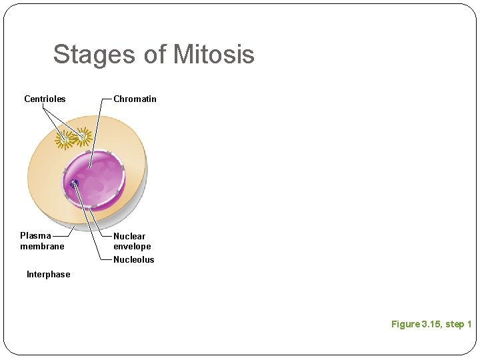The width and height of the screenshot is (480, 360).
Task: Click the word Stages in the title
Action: pos(95,54)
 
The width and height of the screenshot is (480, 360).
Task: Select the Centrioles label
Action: pos(45,99)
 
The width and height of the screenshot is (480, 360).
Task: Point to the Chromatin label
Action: pos(135,99)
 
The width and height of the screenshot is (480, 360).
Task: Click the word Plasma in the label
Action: pos(35,235)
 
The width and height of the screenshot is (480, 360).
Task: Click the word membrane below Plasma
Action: pos(42,246)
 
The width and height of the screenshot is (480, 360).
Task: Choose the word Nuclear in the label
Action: pos(129,236)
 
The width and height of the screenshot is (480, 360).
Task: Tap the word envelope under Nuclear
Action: pos(132,246)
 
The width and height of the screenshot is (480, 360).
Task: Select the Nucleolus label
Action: pos(133,259)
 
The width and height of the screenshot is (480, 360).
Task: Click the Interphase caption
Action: pos(48,274)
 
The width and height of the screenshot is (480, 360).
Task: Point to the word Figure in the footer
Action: pos(405,324)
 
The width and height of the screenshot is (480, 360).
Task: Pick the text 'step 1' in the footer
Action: pos(459,324)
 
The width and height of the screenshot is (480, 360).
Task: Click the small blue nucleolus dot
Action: pos(74,184)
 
